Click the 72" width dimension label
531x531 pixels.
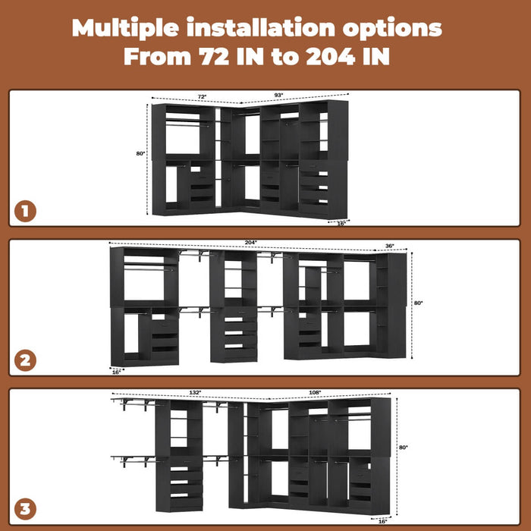click(x=202, y=97)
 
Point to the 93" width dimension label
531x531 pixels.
click(x=278, y=95)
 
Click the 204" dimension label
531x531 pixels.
click(x=250, y=243)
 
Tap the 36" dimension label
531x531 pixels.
click(x=390, y=246)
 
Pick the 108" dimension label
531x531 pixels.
click(x=315, y=392)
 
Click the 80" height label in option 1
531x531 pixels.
click(x=140, y=153)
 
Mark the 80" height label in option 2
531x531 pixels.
click(x=419, y=303)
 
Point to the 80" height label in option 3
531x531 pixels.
click(x=403, y=448)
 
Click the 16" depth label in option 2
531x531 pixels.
click(x=116, y=372)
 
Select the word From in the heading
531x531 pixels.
click(x=157, y=57)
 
